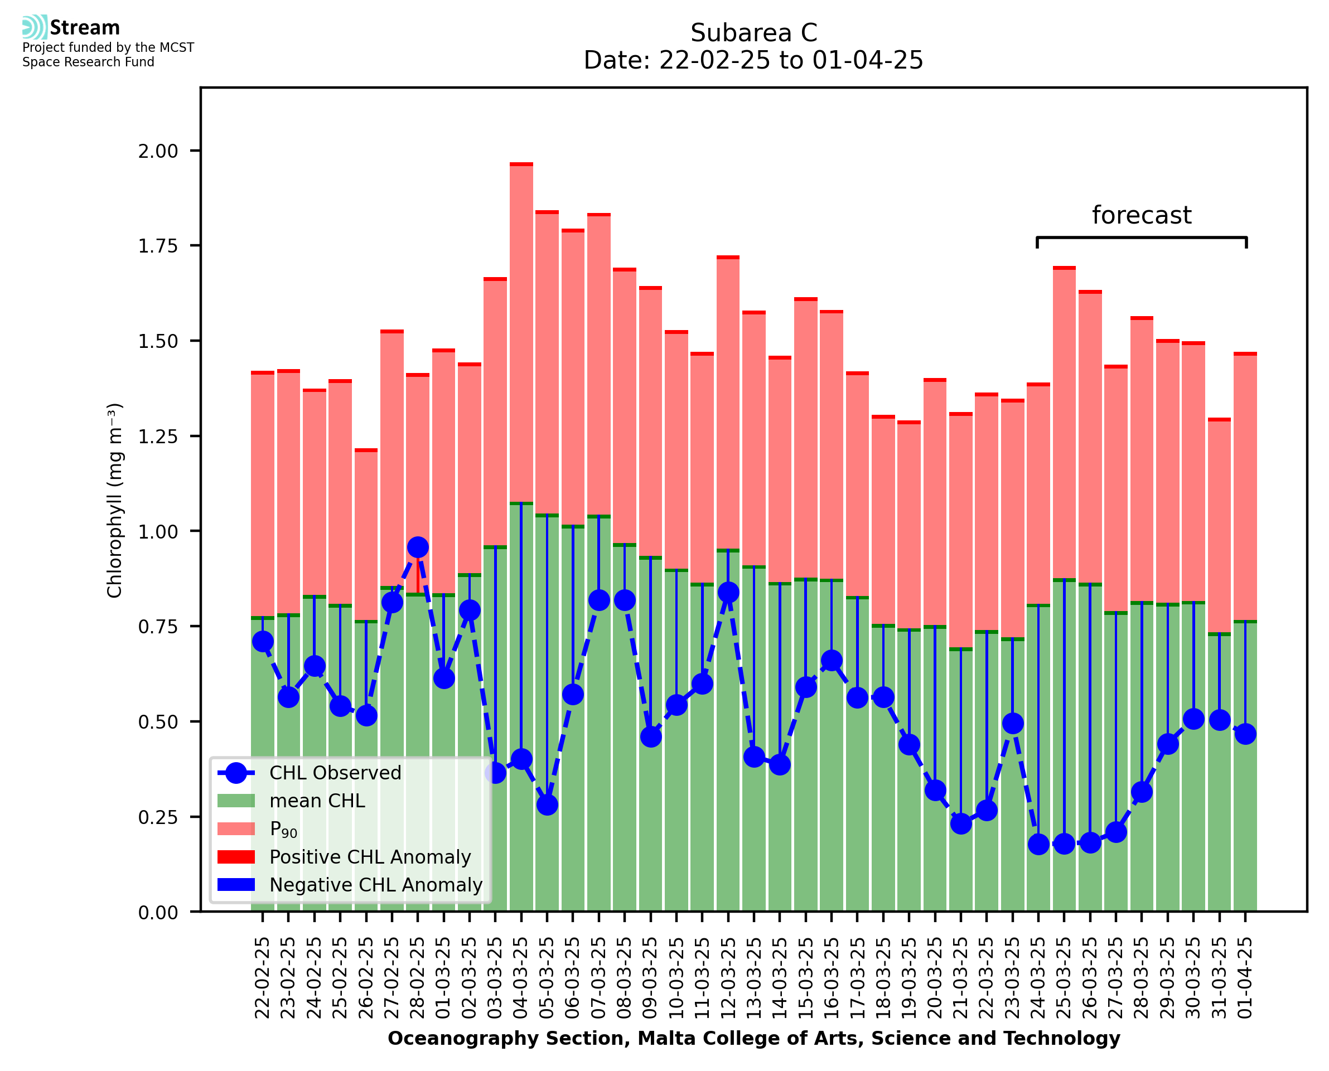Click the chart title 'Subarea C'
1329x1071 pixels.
(x=753, y=33)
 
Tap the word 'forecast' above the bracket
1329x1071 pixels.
(x=1141, y=215)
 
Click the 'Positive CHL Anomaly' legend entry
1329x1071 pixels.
(x=370, y=857)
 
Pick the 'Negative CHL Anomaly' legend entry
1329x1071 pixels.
(x=375, y=885)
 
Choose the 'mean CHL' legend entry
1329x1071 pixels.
(x=317, y=801)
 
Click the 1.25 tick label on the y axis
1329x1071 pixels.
(x=158, y=436)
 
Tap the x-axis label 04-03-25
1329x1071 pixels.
(x=521, y=978)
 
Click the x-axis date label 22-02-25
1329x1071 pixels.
(x=262, y=978)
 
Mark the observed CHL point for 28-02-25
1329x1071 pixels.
(x=418, y=547)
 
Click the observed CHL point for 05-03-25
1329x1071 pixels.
(x=547, y=805)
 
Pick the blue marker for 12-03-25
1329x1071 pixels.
(x=728, y=592)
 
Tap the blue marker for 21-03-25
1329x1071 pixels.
(x=961, y=823)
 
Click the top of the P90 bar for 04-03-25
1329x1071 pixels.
(x=521, y=164)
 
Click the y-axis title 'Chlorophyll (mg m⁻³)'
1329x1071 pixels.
(x=115, y=500)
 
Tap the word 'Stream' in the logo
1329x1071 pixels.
(x=85, y=28)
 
